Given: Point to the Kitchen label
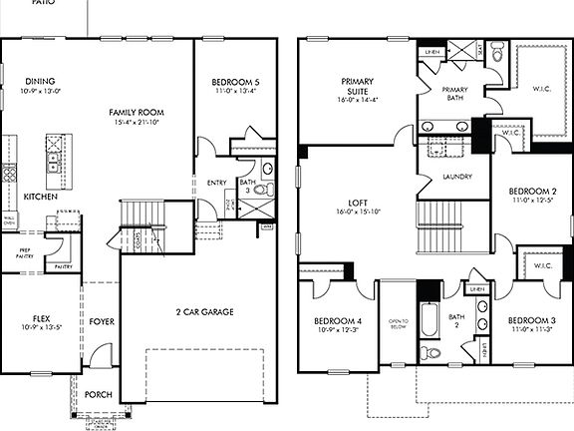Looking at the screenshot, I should point(41,197).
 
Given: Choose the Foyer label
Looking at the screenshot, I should point(101,322).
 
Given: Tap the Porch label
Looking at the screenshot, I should point(98,394).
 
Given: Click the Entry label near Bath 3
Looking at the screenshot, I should point(216,183).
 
